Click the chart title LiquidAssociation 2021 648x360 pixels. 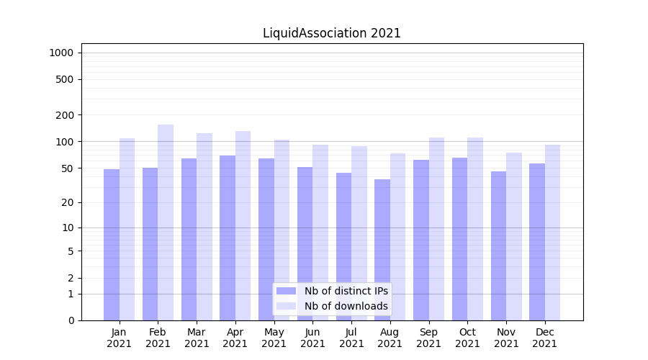[x=331, y=33]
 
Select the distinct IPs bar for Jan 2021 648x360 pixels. [x=112, y=245]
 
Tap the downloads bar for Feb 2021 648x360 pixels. [x=166, y=222]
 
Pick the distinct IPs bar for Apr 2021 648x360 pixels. [x=228, y=238]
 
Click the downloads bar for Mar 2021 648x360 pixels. [x=204, y=227]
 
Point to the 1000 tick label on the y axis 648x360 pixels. [x=61, y=53]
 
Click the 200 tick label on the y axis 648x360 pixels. [x=64, y=115]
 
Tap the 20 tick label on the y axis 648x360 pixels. [x=67, y=202]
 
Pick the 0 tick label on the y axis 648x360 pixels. [x=71, y=320]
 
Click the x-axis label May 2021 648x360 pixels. [x=274, y=338]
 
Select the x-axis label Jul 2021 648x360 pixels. [x=351, y=338]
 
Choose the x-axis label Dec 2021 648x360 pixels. [x=545, y=338]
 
